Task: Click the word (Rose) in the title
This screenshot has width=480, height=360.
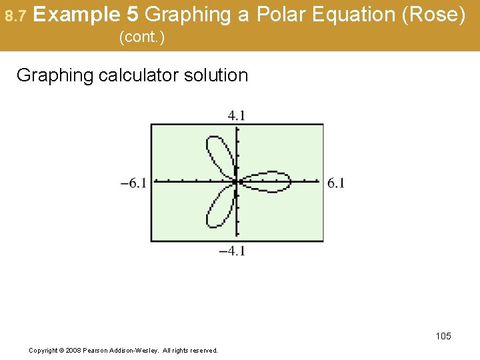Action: (436, 14)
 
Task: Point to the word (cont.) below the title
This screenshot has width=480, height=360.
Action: (141, 38)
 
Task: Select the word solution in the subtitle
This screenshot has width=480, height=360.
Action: (217, 75)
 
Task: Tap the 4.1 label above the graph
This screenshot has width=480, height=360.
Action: (237, 115)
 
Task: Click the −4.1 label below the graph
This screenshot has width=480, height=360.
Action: (233, 251)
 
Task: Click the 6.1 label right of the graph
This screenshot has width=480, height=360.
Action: (336, 183)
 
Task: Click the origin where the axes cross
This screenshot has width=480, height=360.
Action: (237, 181)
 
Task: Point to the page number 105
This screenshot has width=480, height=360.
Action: (443, 336)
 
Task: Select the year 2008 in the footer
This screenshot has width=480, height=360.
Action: (75, 350)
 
